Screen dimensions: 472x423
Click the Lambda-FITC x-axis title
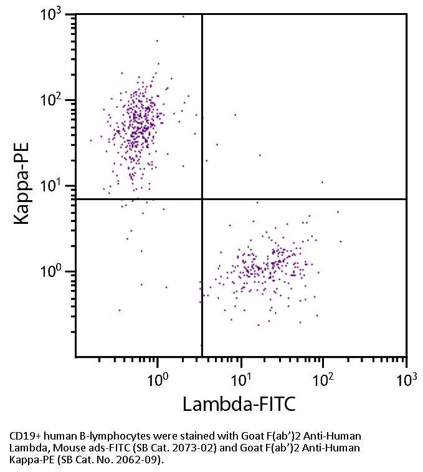[239, 404]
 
